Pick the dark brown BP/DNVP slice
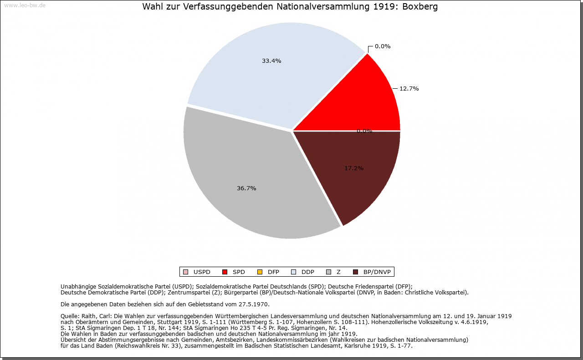[x=360, y=182]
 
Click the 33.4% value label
[x=271, y=61]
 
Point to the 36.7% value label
[x=246, y=188]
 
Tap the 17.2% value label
[x=354, y=168]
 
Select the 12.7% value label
[x=409, y=89]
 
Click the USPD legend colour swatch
[x=185, y=272]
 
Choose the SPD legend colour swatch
[x=225, y=272]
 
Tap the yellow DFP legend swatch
[x=260, y=272]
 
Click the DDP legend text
[x=308, y=272]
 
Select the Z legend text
[x=338, y=272]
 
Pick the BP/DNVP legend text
[x=377, y=272]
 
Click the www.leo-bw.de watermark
[x=25, y=5]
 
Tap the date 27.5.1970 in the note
[x=254, y=304]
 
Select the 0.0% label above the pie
[x=383, y=46]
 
